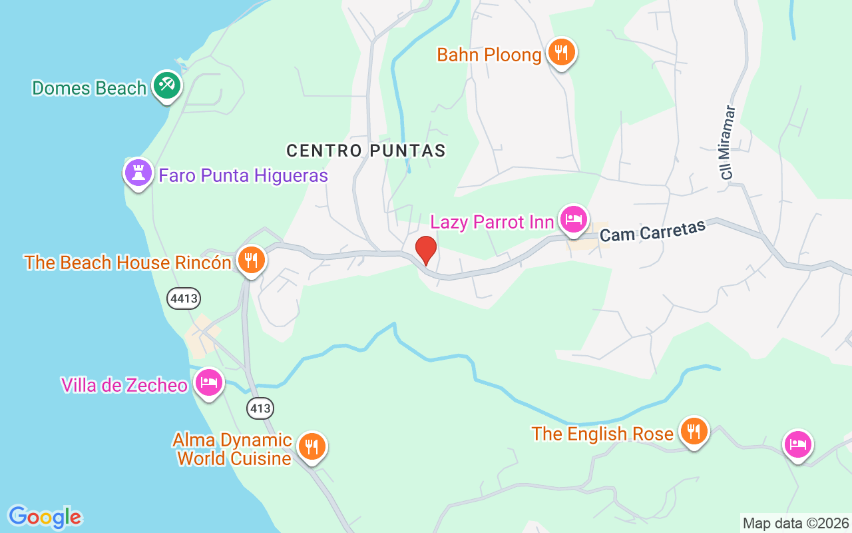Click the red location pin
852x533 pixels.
point(425,251)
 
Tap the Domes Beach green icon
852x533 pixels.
point(166,86)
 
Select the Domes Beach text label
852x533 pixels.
point(89,88)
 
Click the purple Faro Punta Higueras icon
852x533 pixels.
point(138,173)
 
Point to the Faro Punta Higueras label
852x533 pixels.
point(243,176)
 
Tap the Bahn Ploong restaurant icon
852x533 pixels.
point(562,53)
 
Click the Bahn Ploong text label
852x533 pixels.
point(489,55)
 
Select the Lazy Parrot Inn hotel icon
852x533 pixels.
point(573,219)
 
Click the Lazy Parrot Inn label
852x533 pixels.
point(493,222)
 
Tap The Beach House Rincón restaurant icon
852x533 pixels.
point(251,261)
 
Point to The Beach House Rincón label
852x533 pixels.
point(128,263)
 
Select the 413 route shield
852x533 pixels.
point(260,408)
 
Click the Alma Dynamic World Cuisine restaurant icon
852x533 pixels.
point(311,446)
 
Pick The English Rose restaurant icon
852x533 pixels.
point(694,431)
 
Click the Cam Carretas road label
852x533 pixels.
point(652,232)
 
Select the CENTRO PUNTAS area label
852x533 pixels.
point(366,151)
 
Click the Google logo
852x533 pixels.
point(45,517)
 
